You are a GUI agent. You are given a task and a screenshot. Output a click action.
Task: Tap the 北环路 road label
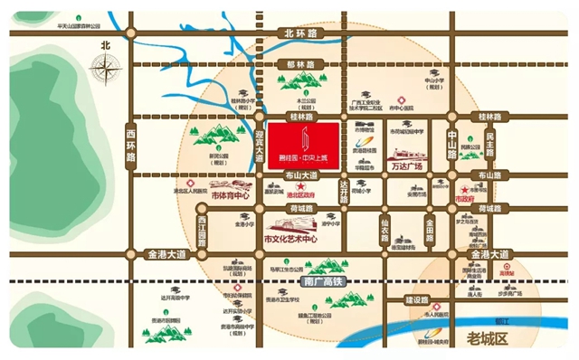(303, 33)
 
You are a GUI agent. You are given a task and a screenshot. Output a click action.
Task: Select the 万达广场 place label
(406, 167)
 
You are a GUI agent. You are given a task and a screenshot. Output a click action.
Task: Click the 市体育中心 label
(228, 194)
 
